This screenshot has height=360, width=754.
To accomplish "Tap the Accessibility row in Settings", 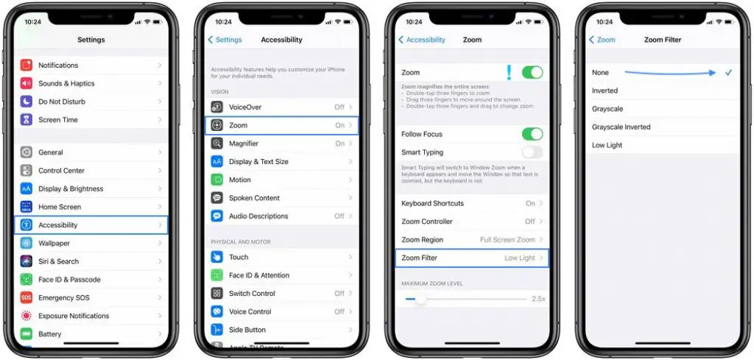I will coord(91,225).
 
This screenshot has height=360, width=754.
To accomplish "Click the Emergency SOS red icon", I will coord(27,298).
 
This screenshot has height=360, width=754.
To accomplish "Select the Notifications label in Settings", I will coord(58,66).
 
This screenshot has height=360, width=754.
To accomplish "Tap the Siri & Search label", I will coord(58,261).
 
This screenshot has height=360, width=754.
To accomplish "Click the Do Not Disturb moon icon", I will coord(27,102).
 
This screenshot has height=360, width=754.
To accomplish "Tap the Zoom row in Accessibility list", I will coord(281,125).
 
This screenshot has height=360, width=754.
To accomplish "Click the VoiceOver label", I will coord(245,107).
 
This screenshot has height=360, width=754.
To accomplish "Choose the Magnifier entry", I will coord(244,144).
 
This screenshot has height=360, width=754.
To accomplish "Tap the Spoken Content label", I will coord(254,198).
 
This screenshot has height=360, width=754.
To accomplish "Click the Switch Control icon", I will coord(217,293).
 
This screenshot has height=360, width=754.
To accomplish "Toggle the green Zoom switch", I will coord(532,72).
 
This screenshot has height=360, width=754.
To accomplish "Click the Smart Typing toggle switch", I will coord(532,152).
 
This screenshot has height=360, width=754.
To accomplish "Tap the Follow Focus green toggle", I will coord(532,134).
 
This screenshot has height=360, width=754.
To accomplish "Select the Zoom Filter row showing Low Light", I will coord(472,258).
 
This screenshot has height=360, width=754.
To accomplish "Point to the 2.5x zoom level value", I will coord(538,299).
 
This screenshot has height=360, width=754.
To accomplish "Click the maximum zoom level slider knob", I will coord(420,299).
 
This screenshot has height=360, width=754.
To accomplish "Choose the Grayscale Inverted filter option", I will coord(621,127).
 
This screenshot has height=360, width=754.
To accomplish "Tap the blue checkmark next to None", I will coord(728,73).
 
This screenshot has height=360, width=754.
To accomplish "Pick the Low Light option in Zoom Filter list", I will coord(607,145).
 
